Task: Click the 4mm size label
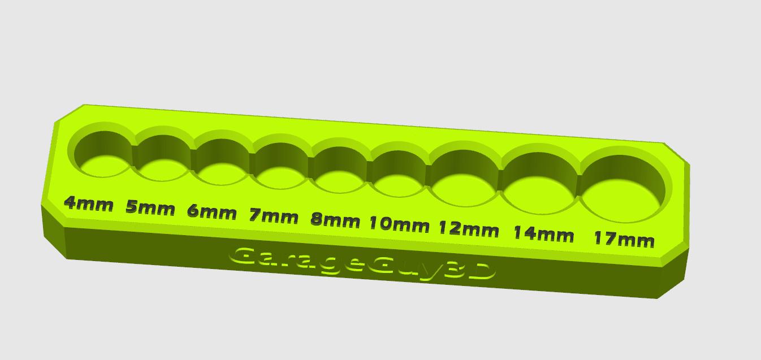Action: click(88, 204)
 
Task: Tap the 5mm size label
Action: click(150, 208)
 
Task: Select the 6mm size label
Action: click(211, 212)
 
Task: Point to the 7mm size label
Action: click(274, 216)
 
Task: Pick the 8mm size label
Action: click(335, 220)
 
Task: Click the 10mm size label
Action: click(399, 224)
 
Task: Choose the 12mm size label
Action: click(469, 229)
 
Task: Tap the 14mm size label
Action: click(543, 234)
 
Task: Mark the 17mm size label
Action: click(624, 240)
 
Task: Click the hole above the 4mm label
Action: click(103, 154)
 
